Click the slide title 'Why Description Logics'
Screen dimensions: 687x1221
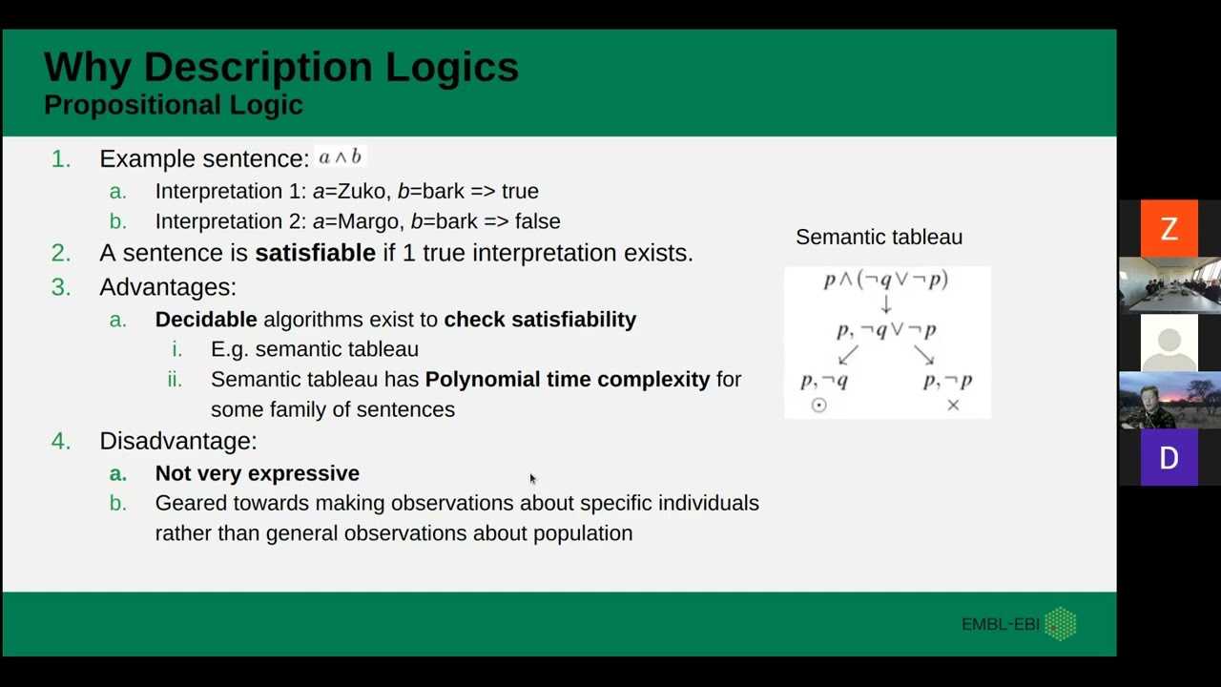point(281,67)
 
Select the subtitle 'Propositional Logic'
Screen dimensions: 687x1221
point(173,105)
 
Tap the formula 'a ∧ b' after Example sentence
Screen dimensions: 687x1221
point(341,157)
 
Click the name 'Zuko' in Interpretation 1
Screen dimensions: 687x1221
point(362,191)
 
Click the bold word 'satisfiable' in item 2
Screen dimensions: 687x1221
point(315,253)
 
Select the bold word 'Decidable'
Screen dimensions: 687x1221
point(206,320)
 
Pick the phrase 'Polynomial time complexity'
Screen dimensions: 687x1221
point(568,380)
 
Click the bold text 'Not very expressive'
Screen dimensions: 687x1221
point(258,473)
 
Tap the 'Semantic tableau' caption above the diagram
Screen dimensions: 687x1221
point(879,237)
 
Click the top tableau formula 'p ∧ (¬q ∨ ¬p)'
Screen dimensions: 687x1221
point(886,280)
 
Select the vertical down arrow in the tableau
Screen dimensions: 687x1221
point(886,305)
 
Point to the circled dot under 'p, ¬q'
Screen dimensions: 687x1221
point(818,406)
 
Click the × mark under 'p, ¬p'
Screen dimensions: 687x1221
point(953,406)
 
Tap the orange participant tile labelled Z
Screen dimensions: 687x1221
point(1169,229)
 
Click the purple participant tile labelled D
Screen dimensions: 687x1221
point(1169,459)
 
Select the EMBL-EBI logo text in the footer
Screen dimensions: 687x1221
point(1001,625)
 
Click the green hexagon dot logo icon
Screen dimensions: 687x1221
point(1061,624)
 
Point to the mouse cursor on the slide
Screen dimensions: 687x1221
point(532,479)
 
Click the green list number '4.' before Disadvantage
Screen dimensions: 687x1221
point(61,441)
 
